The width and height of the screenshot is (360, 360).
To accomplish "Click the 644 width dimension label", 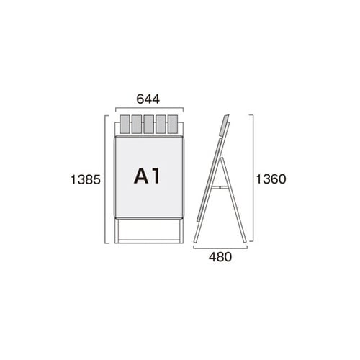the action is click(x=148, y=99).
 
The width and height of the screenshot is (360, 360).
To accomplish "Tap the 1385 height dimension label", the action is click(x=86, y=179).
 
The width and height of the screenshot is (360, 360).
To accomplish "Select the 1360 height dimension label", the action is click(x=271, y=179).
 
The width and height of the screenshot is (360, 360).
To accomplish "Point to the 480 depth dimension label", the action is click(x=220, y=257).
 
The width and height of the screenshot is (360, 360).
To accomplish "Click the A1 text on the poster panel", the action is click(x=147, y=176).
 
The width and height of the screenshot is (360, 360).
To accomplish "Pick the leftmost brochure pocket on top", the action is click(x=125, y=125).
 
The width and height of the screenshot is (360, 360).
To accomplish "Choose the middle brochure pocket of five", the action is click(x=148, y=125).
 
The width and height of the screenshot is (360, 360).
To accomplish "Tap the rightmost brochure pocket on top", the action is click(x=173, y=125).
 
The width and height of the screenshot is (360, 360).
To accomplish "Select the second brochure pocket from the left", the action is click(x=137, y=125).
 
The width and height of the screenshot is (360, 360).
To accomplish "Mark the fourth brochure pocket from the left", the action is click(x=161, y=125).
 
